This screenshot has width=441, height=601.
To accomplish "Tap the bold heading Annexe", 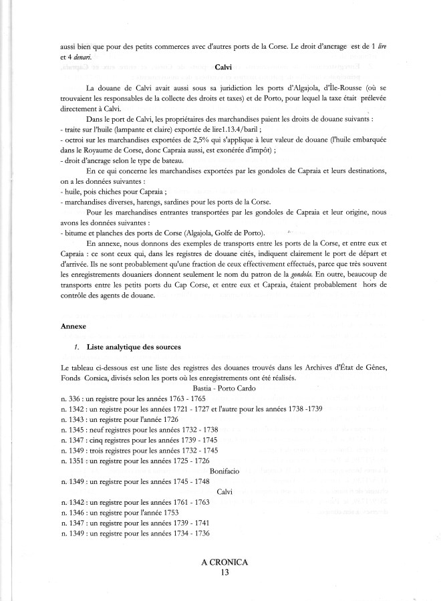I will (x=73, y=326).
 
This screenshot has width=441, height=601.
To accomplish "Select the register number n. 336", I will (x=70, y=398).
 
